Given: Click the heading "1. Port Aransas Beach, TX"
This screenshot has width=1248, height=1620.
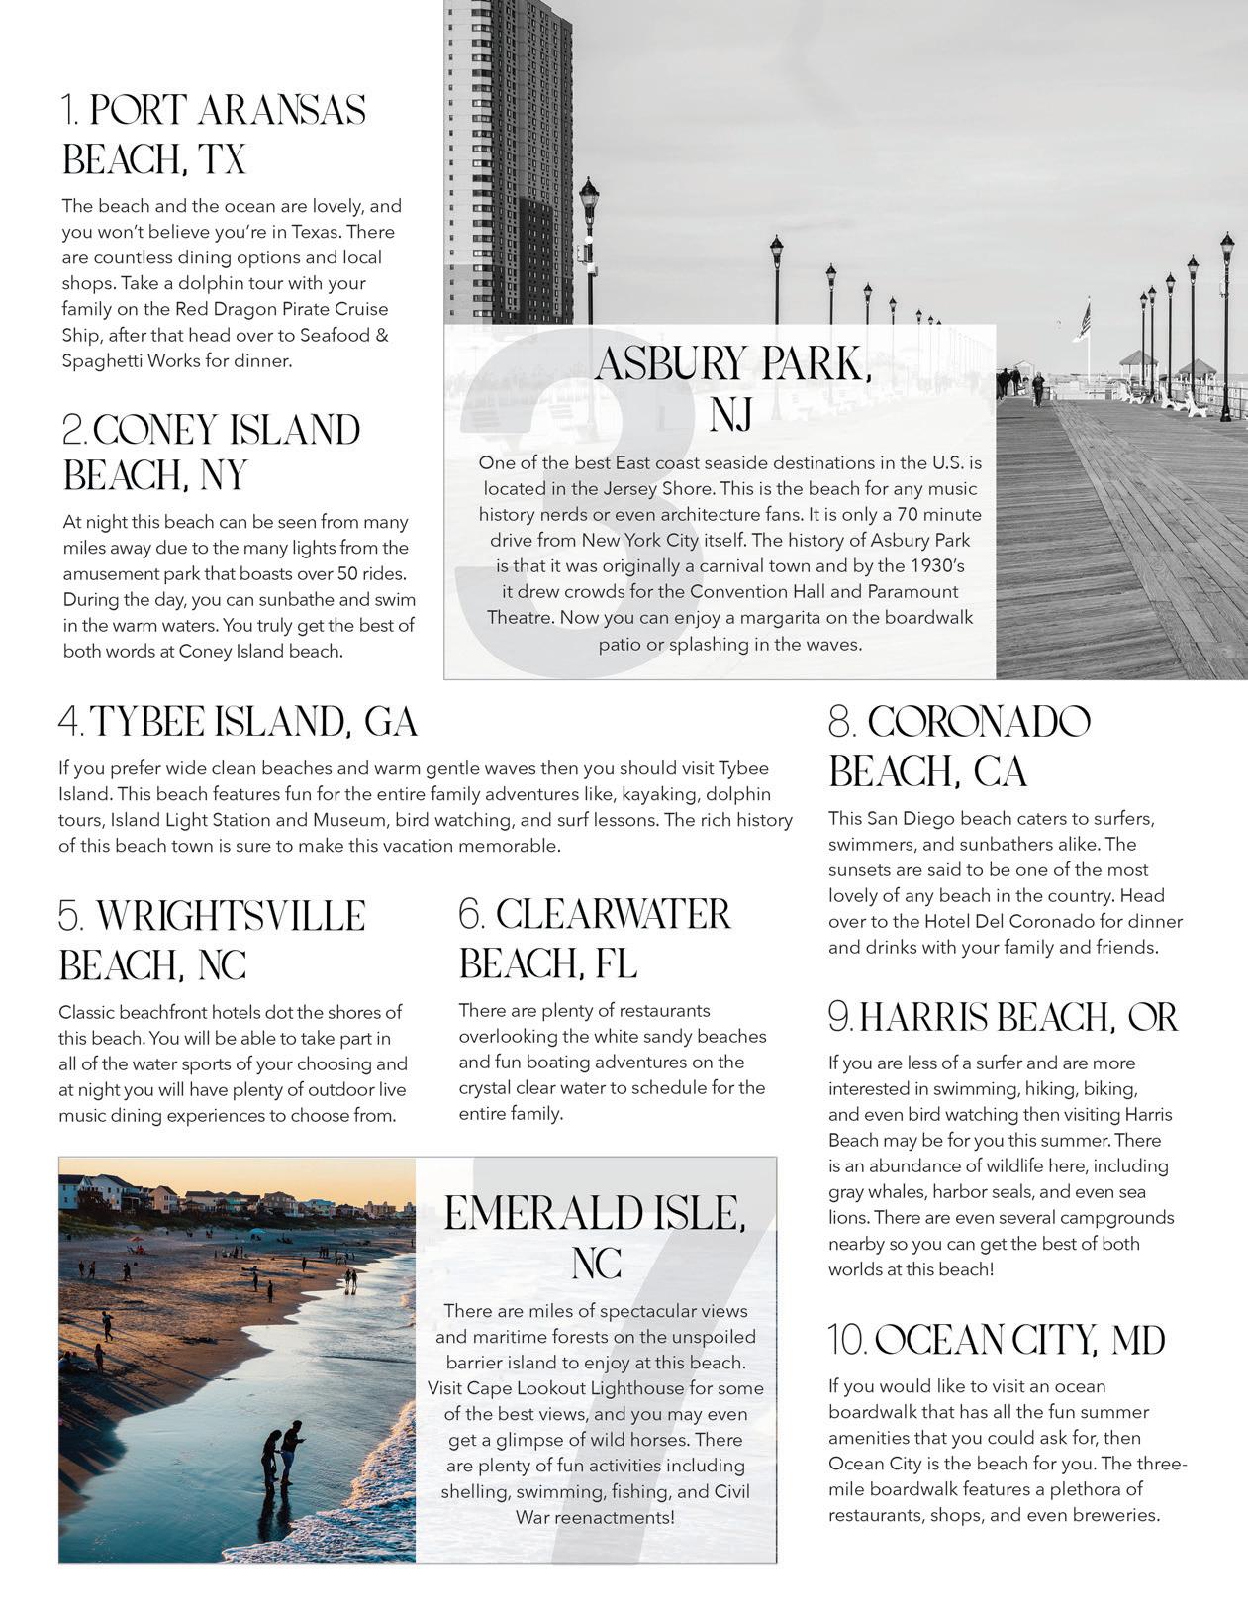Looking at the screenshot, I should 213,134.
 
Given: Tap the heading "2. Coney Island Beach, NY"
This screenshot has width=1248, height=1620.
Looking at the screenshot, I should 211,452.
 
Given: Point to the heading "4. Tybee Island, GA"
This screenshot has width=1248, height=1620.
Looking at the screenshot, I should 238,722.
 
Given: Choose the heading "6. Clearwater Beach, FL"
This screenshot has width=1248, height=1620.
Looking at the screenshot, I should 594,938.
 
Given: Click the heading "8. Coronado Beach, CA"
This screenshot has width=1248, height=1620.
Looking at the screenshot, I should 958,747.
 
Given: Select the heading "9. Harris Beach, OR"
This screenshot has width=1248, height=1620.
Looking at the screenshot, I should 1003,1017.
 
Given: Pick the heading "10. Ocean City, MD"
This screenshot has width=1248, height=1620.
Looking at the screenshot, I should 997,1340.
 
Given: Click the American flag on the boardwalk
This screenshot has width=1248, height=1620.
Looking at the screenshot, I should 1085,322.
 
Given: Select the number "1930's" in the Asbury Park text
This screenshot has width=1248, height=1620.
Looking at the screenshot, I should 934,566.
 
